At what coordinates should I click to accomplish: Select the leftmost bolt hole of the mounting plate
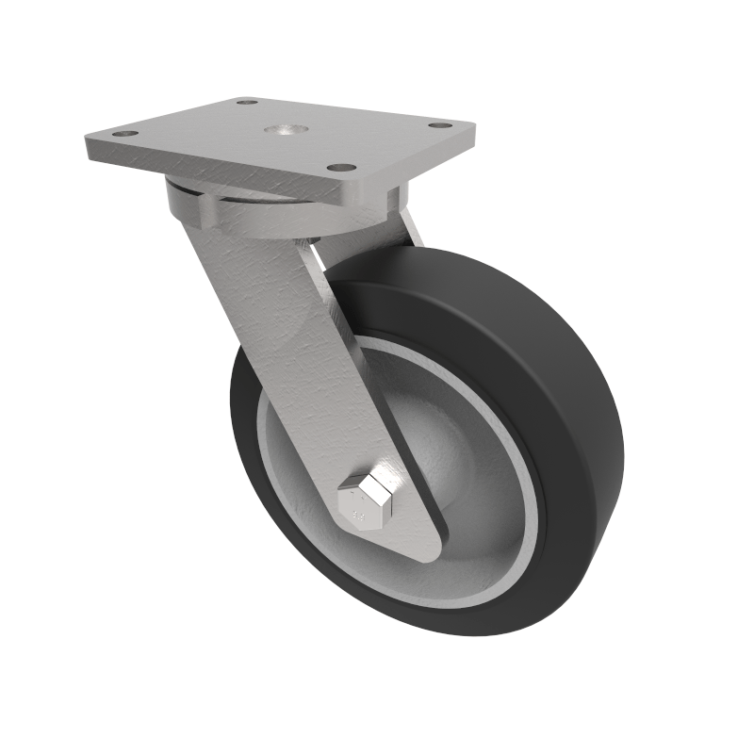tap(121, 136)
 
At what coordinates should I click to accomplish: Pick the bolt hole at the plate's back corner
tap(248, 103)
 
